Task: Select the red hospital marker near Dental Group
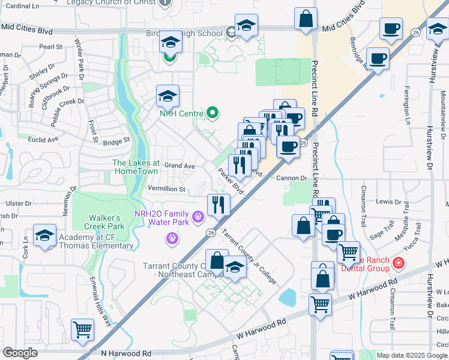397,263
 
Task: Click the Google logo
20,353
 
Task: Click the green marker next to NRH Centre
211,112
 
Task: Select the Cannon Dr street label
292,178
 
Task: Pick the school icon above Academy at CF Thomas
44,236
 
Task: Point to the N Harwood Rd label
126,355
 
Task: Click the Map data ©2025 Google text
412,355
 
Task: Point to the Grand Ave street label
180,165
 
